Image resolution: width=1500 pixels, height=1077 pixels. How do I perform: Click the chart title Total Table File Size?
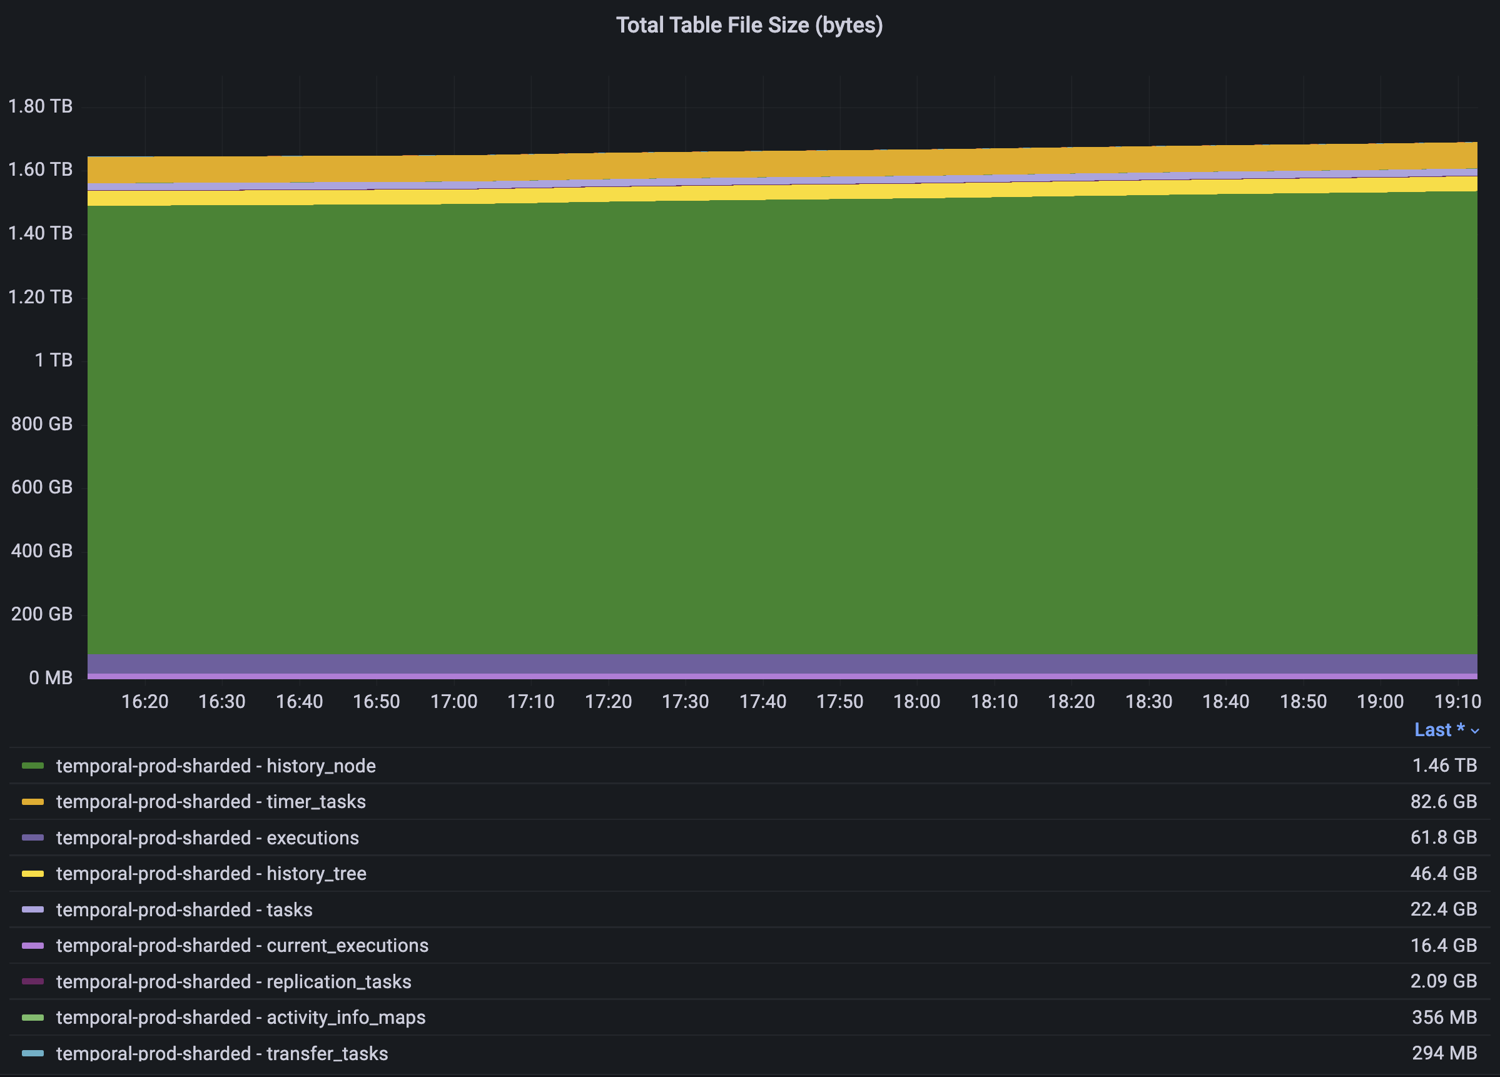coord(749,25)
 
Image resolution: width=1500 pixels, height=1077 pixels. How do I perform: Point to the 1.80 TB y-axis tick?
coord(40,106)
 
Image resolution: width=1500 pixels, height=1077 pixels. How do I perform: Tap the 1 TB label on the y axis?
coord(53,360)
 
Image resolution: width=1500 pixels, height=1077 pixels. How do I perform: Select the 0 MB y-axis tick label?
coord(50,678)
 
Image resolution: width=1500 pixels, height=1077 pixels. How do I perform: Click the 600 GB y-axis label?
coord(42,487)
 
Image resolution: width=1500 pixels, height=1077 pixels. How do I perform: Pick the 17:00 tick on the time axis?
coord(454,702)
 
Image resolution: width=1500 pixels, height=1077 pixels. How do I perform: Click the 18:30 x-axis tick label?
coord(1149,702)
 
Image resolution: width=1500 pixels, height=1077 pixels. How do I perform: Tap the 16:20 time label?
coord(145,702)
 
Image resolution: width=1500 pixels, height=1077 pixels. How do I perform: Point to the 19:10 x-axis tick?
coord(1457,702)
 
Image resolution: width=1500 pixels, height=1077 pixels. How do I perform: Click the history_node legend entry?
coord(216,766)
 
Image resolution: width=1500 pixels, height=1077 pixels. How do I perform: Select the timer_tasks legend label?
coord(210,801)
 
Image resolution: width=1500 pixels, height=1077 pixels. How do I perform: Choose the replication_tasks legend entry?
coord(233,982)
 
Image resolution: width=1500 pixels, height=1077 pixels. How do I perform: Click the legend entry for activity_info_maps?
coord(241,1018)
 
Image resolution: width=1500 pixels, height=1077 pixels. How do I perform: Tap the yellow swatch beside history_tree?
coord(33,873)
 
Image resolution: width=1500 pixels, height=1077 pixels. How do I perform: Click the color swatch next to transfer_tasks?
coord(33,1053)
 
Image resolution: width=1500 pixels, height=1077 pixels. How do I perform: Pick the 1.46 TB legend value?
coord(1444,766)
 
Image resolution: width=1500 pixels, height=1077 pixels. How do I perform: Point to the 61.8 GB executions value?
coord(1443,837)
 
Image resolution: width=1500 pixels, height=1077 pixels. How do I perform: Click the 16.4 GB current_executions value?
coord(1443,946)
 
